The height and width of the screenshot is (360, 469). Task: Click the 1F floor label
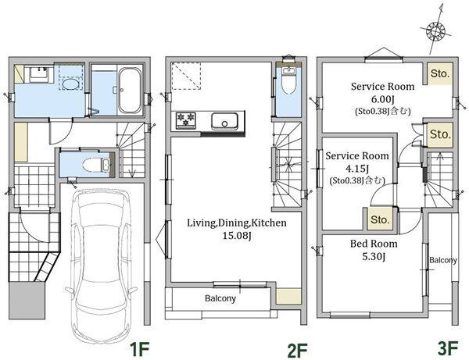[139, 349]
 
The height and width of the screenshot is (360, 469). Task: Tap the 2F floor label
[297, 350]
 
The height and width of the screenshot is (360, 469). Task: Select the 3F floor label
[448, 348]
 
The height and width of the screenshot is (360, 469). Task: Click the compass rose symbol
[436, 30]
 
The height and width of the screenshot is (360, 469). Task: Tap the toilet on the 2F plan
[288, 80]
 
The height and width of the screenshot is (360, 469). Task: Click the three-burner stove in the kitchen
[185, 120]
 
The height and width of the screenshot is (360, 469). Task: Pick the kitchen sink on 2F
[224, 121]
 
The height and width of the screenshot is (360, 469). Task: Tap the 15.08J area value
[236, 236]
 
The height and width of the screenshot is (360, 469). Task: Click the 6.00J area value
[382, 99]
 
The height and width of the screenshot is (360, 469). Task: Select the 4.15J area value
[357, 168]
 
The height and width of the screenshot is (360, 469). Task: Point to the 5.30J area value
[374, 256]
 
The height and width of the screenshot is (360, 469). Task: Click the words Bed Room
[374, 244]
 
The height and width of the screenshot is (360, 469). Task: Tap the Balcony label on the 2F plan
[220, 298]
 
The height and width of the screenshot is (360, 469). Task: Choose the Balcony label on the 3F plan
[443, 260]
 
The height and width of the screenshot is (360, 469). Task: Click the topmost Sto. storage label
[439, 73]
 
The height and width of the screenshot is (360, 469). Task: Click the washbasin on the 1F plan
[38, 73]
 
